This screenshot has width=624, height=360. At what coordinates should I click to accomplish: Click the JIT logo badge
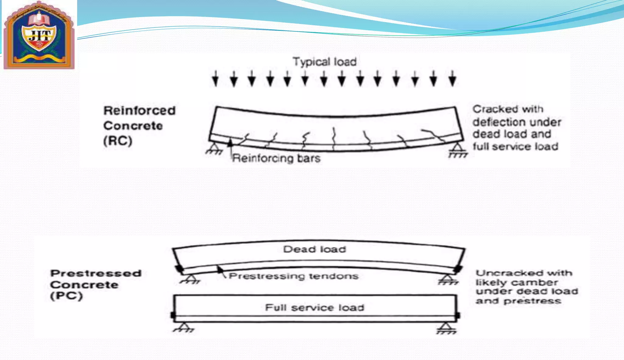coord(39,35)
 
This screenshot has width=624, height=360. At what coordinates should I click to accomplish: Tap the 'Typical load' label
coord(324,62)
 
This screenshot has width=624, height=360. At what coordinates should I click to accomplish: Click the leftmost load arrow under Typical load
coord(215,79)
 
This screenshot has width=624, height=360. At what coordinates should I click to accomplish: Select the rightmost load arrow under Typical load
coord(452,79)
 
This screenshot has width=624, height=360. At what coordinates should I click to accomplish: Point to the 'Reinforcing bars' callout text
coord(276,158)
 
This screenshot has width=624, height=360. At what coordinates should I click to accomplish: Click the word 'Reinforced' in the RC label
coord(140,111)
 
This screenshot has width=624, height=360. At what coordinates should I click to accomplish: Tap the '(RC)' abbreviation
coord(118,141)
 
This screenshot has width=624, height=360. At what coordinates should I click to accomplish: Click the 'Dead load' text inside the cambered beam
coord(314,249)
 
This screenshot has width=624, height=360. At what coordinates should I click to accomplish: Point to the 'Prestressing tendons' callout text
coord(293,276)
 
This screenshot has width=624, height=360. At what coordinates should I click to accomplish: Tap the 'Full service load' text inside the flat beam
coord(314,308)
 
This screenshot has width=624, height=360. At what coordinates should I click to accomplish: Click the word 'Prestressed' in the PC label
coord(96,273)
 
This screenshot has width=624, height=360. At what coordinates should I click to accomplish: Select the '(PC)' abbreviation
coord(66,296)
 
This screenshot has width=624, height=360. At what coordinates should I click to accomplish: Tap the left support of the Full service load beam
coord(183,327)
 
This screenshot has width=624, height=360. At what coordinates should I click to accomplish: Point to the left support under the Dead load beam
coord(190,278)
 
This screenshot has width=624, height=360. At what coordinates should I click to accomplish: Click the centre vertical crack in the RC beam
coord(334,139)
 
